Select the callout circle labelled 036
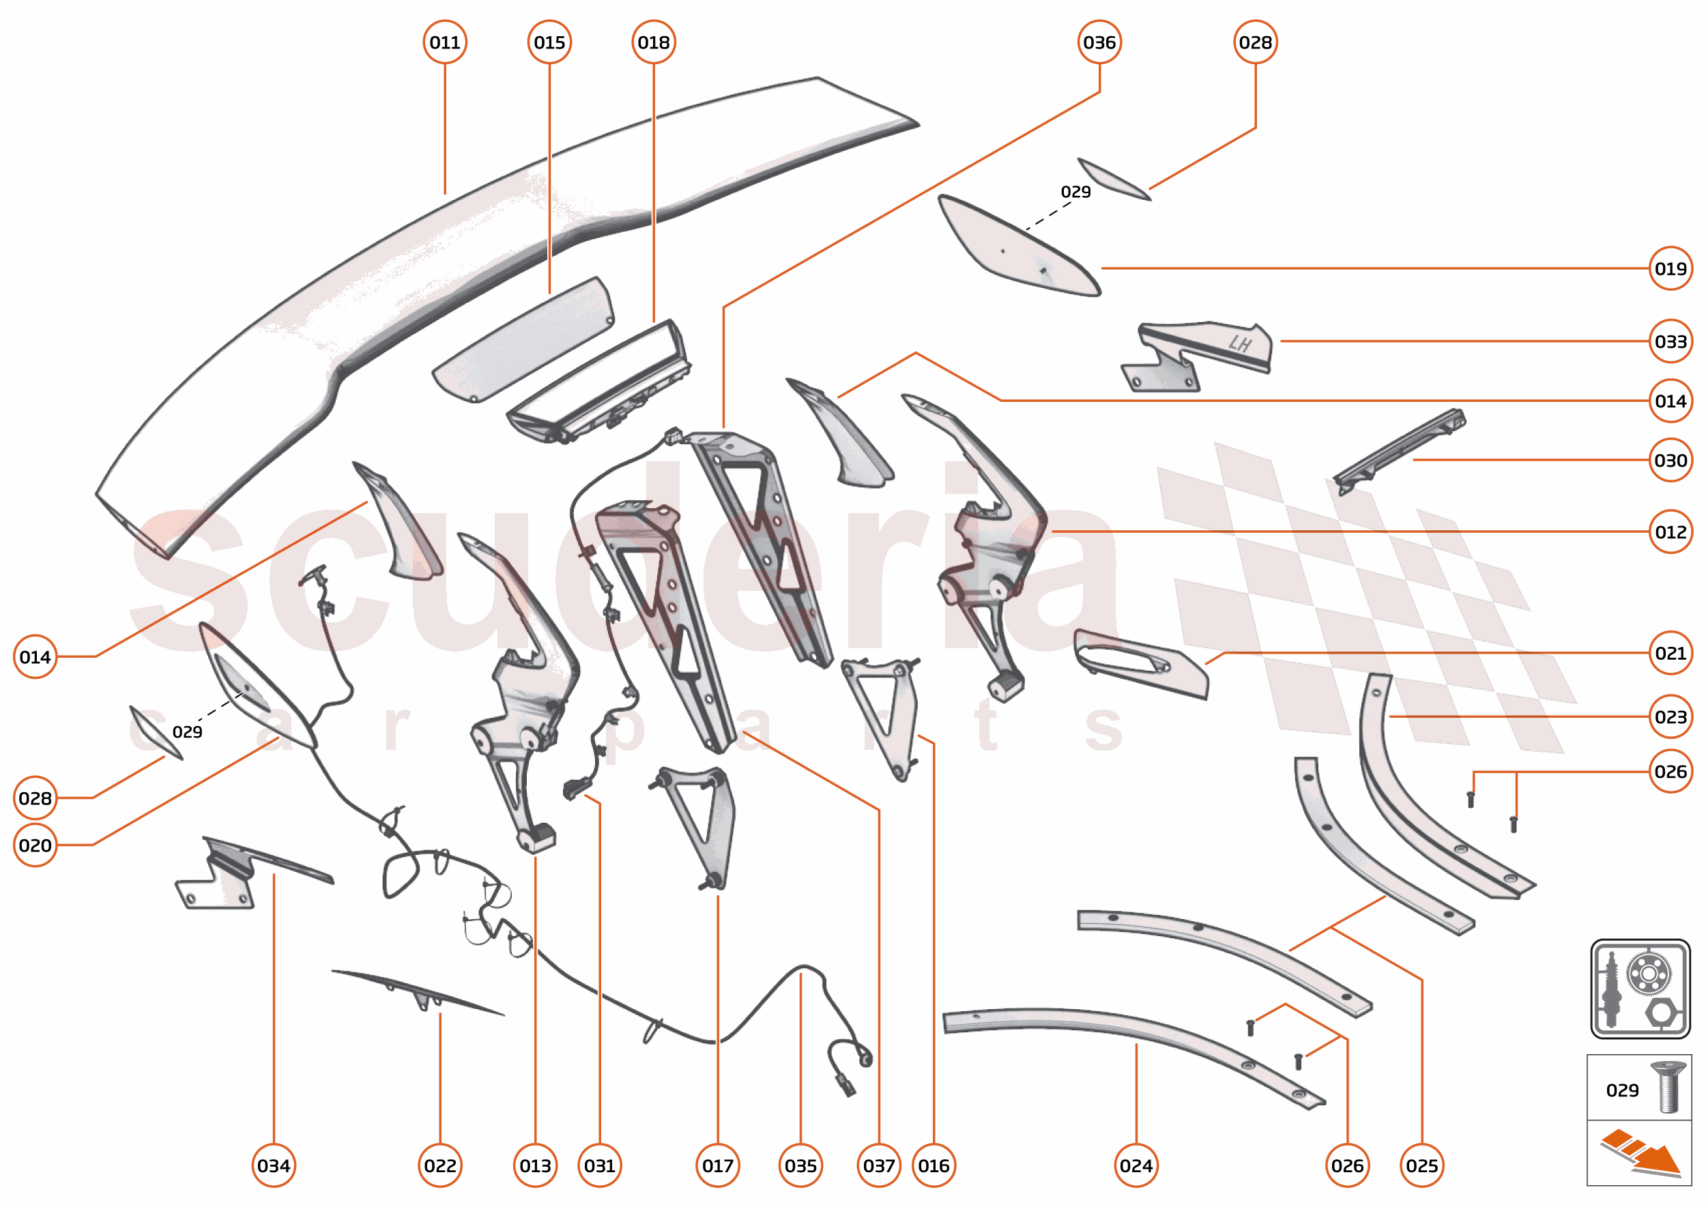pos(1099,42)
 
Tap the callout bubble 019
pos(1670,268)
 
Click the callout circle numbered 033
pos(1670,341)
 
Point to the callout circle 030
pos(1670,460)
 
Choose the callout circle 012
pos(1670,532)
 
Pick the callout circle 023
pos(1670,716)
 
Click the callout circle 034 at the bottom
pos(274,1165)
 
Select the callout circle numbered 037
pos(879,1165)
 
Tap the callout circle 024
pos(1136,1165)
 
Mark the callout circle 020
pos(35,845)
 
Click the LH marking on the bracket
pos(1240,343)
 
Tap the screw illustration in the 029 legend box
pos(1668,1088)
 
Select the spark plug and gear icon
pos(1640,989)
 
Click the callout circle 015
pos(549,42)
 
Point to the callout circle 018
pos(654,42)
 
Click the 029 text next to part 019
pos(1075,192)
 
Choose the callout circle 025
pos(1421,1165)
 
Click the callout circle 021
pos(1670,653)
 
